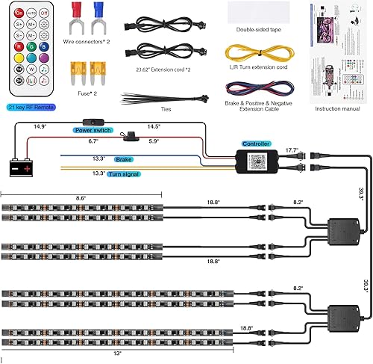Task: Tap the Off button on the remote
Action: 43,13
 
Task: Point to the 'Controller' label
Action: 256,143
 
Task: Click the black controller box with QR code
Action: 257,159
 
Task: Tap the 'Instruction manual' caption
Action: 336,108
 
